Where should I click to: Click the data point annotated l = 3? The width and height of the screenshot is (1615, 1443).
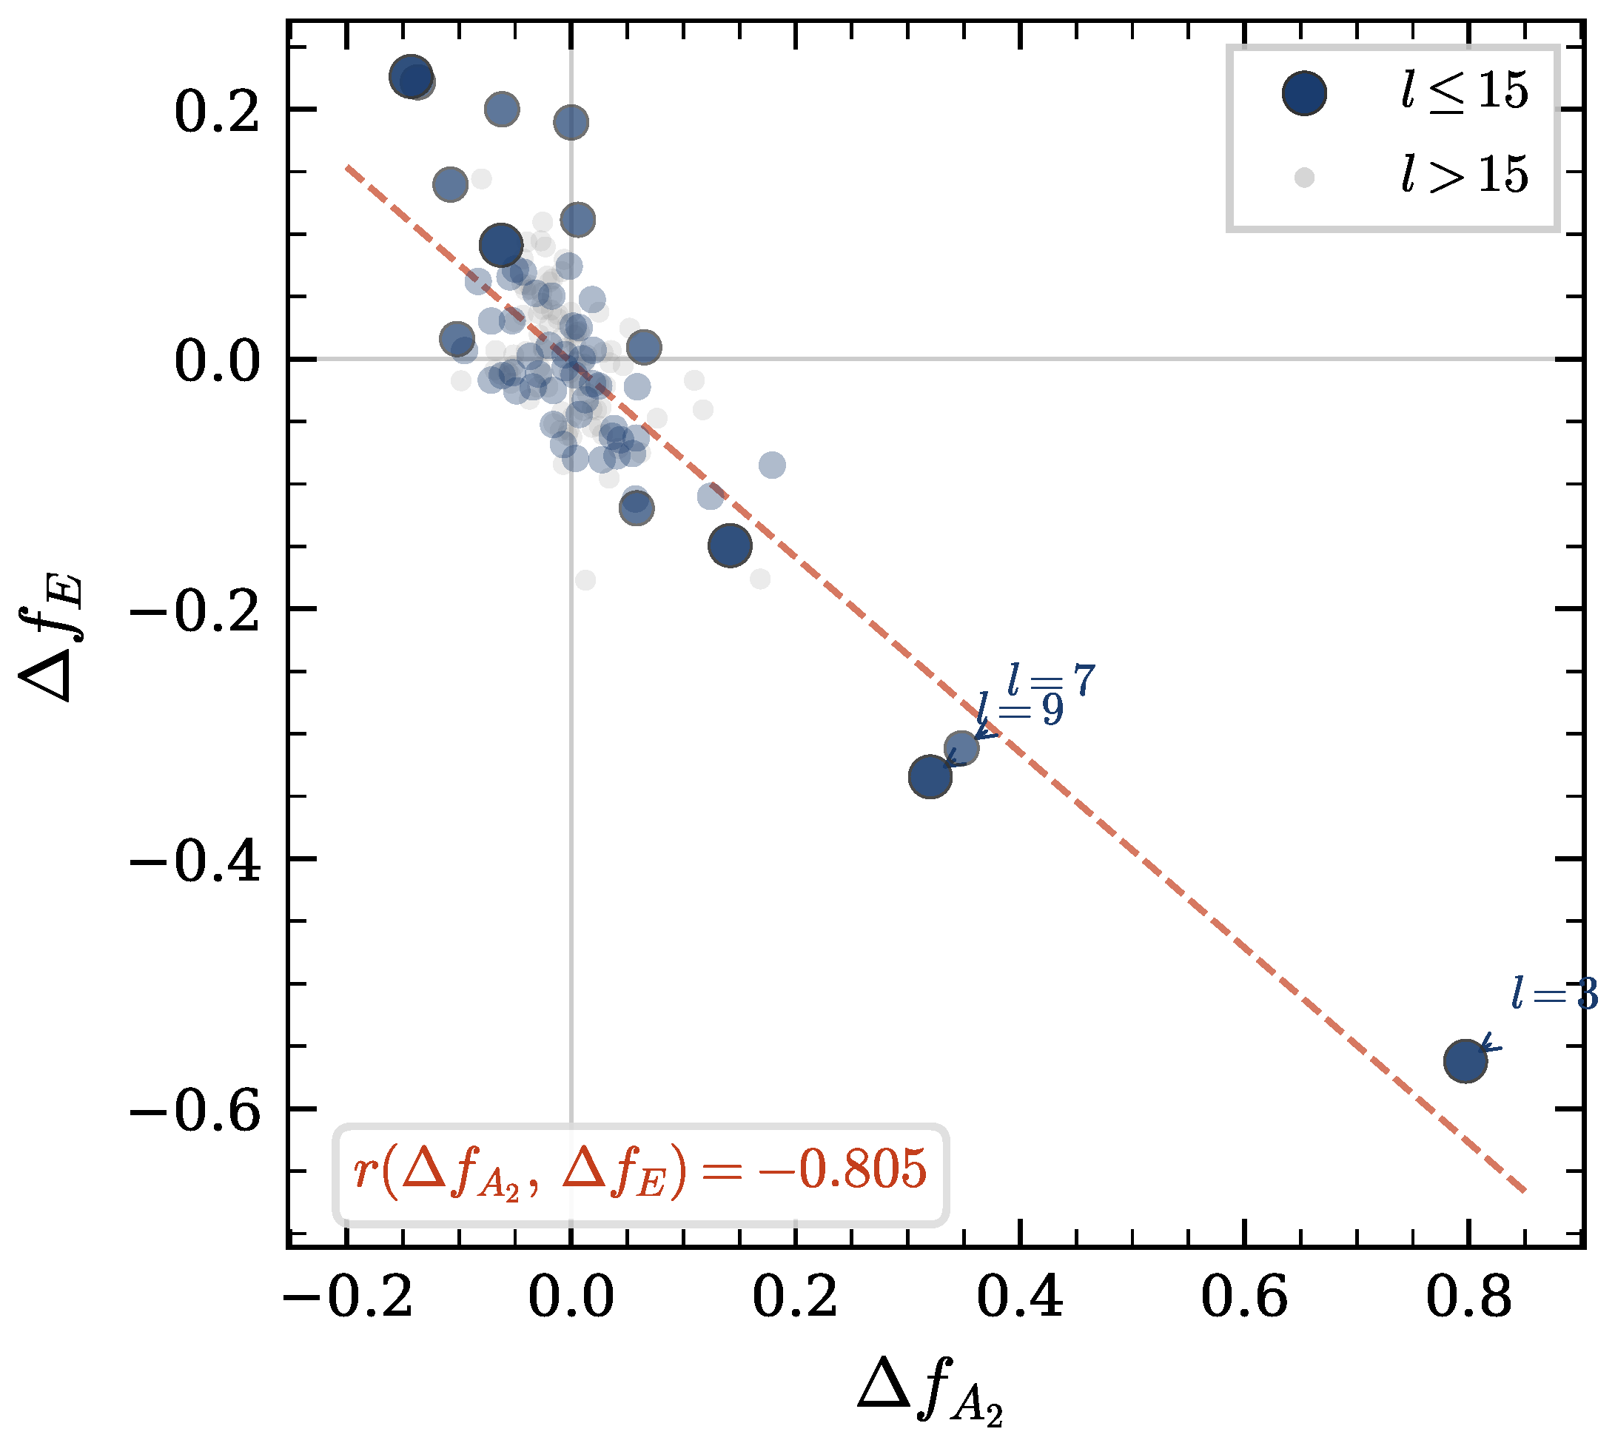pos(1465,1062)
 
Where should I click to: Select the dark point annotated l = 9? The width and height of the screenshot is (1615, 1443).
pos(930,776)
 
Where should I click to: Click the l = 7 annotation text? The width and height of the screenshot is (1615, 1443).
pos(1051,680)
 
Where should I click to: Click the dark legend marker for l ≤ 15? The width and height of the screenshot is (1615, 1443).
pos(1304,92)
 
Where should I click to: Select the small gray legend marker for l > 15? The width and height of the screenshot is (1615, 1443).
pos(1304,178)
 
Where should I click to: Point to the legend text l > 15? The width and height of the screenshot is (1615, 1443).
pos(1463,175)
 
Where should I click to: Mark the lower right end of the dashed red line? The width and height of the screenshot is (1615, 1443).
pos(1524,1190)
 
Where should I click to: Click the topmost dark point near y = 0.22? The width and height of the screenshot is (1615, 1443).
pos(411,77)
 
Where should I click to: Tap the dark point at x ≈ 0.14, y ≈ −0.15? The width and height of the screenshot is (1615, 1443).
pos(729,545)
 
